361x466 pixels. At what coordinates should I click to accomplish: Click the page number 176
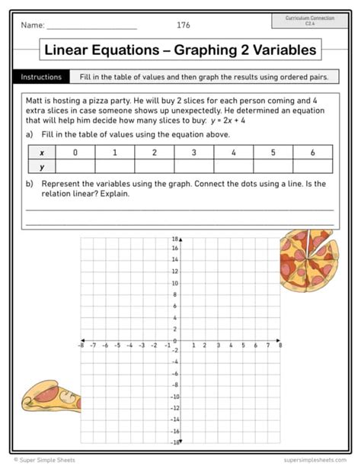[x=184, y=25]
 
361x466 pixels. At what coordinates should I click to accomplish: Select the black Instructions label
[x=41, y=77]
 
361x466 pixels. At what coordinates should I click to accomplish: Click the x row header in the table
[x=42, y=153]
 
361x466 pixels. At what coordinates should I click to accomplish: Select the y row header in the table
[x=42, y=166]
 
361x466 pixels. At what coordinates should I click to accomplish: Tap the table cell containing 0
[x=75, y=153]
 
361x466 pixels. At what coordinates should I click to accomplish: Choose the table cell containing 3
[x=193, y=153]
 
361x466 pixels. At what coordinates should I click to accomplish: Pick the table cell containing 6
[x=312, y=153]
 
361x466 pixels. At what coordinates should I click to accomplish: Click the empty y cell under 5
[x=273, y=166]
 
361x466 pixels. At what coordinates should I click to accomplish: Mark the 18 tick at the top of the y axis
[x=174, y=239]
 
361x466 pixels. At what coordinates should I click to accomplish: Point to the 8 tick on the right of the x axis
[x=280, y=345]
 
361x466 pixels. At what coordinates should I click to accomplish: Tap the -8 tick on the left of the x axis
[x=81, y=345]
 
